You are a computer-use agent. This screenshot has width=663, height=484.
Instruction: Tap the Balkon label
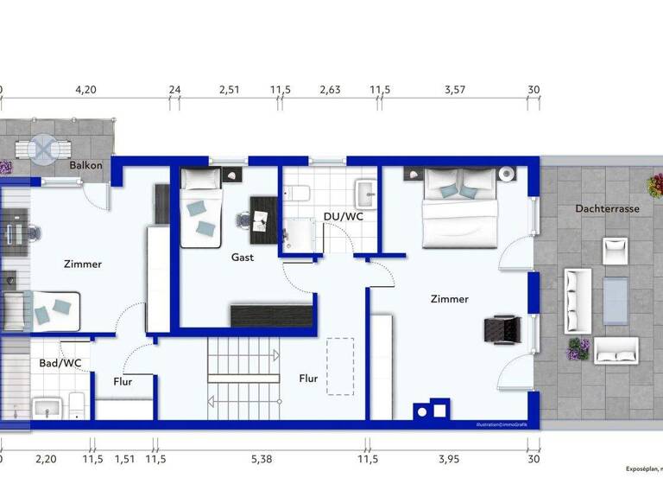(85, 165)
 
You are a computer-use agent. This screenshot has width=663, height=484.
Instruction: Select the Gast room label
(243, 258)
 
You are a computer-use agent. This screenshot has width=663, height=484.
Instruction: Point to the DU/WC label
(344, 216)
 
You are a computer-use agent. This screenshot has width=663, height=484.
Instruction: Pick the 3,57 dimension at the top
(454, 89)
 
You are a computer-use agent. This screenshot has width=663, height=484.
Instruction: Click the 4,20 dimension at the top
(86, 89)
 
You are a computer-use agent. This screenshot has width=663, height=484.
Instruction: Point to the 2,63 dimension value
(330, 89)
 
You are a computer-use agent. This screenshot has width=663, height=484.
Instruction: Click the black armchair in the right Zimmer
(501, 328)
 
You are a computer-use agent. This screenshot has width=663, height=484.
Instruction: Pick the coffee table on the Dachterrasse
(616, 299)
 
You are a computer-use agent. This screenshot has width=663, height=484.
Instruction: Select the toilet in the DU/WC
(298, 194)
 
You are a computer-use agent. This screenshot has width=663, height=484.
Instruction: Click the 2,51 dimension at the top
(229, 89)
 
